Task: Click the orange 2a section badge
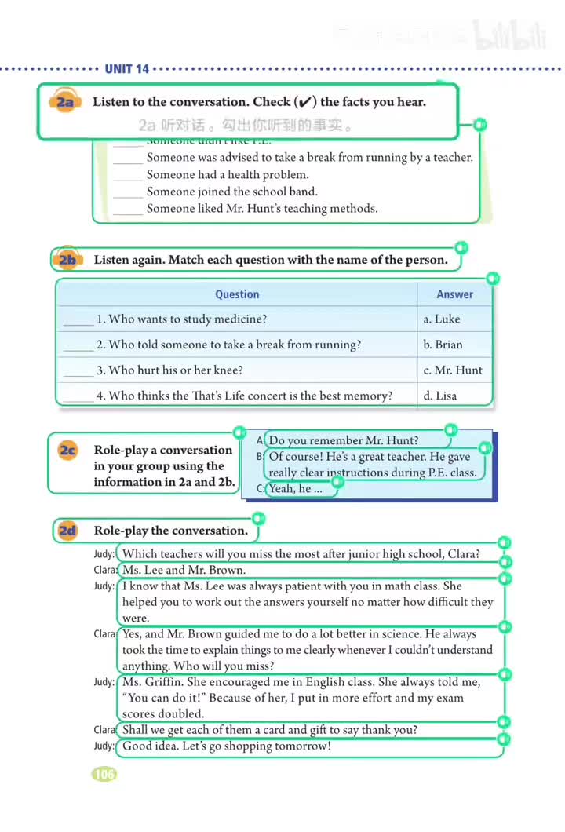click(x=65, y=103)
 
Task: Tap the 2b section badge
click(x=67, y=260)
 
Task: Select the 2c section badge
click(x=68, y=450)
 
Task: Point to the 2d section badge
click(x=67, y=531)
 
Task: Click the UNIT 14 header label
click(x=126, y=69)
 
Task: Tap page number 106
click(x=104, y=774)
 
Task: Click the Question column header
click(x=237, y=294)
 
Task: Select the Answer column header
click(x=455, y=294)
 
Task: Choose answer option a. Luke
click(x=442, y=319)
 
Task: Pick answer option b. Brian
click(x=443, y=345)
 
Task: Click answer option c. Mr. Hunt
click(x=453, y=370)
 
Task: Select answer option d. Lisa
click(x=440, y=396)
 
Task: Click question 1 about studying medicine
click(x=181, y=319)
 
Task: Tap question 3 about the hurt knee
click(x=169, y=370)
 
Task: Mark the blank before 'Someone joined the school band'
click(x=128, y=192)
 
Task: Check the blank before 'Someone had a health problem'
click(x=128, y=176)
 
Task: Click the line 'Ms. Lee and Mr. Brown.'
click(x=184, y=571)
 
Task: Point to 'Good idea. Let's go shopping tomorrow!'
click(x=227, y=746)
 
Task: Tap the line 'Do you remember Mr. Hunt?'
click(x=344, y=440)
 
